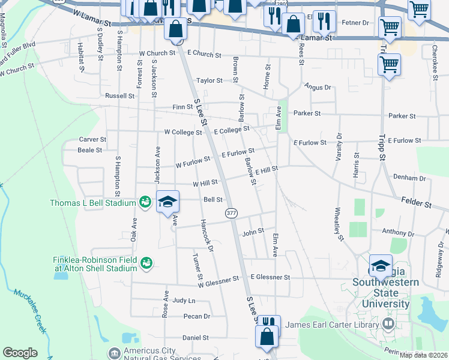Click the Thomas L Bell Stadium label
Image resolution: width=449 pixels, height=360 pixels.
click(92, 203)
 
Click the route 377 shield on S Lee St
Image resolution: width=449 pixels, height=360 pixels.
click(231, 213)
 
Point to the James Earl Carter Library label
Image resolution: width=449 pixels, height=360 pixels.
click(332, 325)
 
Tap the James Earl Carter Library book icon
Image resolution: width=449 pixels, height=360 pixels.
click(388, 325)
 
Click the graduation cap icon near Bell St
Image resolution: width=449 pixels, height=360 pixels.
click(168, 201)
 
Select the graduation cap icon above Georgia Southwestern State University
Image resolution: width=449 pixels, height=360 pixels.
click(381, 265)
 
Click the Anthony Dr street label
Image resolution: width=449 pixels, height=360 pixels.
click(402, 233)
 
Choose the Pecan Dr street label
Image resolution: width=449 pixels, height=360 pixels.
click(197, 316)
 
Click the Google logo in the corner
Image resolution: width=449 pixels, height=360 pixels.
click(20, 353)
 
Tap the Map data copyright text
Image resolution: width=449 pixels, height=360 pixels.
click(423, 355)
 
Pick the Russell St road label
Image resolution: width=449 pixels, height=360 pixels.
click(119, 95)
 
